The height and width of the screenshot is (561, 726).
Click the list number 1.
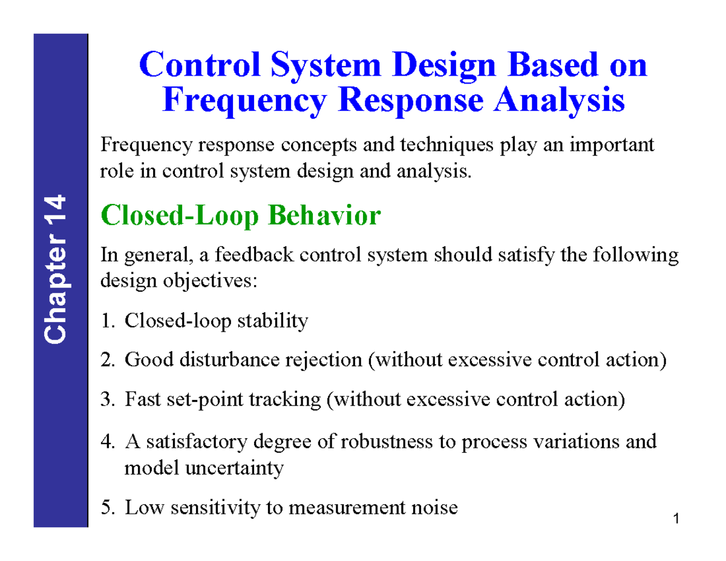(x=106, y=321)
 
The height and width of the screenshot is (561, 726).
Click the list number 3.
(x=106, y=400)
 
